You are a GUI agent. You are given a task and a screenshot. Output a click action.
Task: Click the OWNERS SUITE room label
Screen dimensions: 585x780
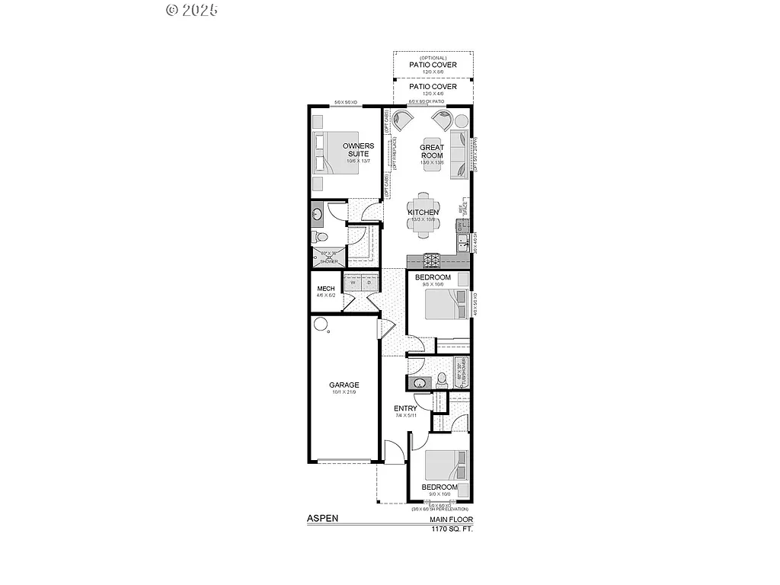[357, 149]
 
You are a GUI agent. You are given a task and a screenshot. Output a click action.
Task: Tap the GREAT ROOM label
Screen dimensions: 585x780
[432, 152]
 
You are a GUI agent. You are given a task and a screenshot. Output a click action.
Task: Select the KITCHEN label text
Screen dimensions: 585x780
[423, 212]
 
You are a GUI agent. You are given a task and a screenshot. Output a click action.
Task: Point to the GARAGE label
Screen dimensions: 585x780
[344, 385]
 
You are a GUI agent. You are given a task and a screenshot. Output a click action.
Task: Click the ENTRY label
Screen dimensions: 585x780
[404, 408]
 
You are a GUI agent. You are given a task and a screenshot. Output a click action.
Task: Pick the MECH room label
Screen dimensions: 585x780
[326, 289]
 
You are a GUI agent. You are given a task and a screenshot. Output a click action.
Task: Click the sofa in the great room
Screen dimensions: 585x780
[459, 155]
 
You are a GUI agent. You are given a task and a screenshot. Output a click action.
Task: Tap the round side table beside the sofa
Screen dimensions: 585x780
[462, 120]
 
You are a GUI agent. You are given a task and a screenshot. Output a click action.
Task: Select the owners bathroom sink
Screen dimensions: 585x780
[317, 216]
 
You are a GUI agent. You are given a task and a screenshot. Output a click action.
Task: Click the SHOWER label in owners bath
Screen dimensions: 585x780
[328, 261]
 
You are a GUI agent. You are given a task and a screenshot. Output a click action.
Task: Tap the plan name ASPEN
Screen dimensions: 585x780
[322, 519]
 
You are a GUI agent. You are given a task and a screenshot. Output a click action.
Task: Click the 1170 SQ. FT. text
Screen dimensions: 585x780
[452, 529]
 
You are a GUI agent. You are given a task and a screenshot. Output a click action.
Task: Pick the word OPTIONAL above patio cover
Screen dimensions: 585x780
[433, 57]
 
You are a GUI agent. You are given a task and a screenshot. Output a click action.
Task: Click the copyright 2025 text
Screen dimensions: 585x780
[192, 10]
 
